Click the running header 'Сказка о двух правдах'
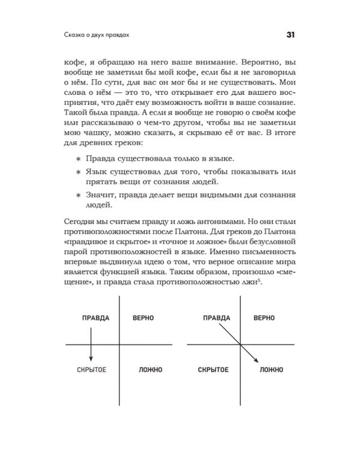[98, 34]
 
